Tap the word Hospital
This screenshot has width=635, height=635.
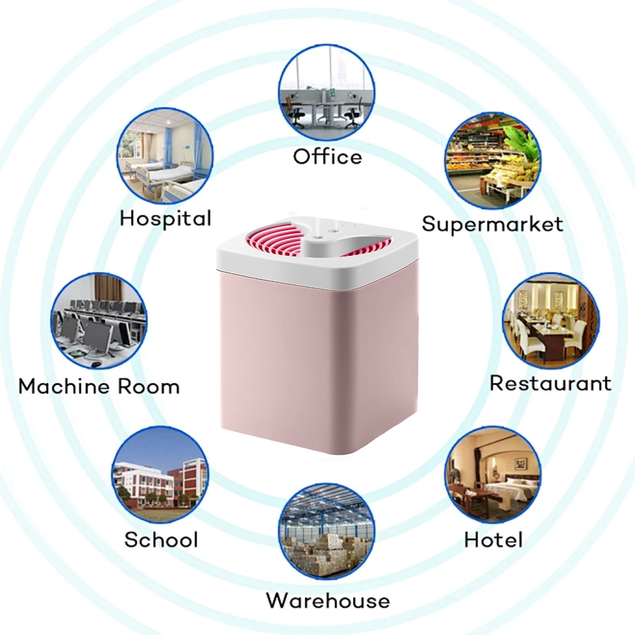pyautogui.click(x=165, y=219)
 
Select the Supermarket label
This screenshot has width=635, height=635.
pyautogui.click(x=492, y=225)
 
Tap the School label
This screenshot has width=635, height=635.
pyautogui.click(x=161, y=540)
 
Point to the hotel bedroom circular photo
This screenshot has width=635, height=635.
pyautogui.click(x=493, y=475)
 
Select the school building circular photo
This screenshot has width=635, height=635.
pyautogui.click(x=160, y=475)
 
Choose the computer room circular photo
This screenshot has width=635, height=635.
pyautogui.click(x=99, y=321)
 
